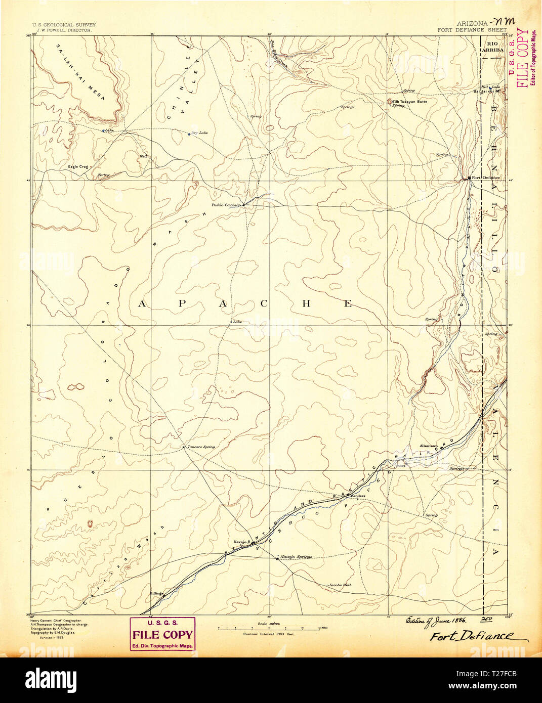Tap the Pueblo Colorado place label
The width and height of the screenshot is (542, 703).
[x=227, y=205]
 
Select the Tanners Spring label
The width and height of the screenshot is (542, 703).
[x=201, y=447]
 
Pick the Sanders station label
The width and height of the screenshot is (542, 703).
[x=358, y=496]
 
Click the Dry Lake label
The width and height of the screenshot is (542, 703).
[x=199, y=133]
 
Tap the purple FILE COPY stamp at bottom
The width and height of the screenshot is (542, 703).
[x=162, y=634]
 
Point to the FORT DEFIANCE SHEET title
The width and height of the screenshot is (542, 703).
[x=472, y=30]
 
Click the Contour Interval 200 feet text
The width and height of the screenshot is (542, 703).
[x=269, y=634]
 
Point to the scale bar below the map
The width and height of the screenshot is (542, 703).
[x=269, y=629]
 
